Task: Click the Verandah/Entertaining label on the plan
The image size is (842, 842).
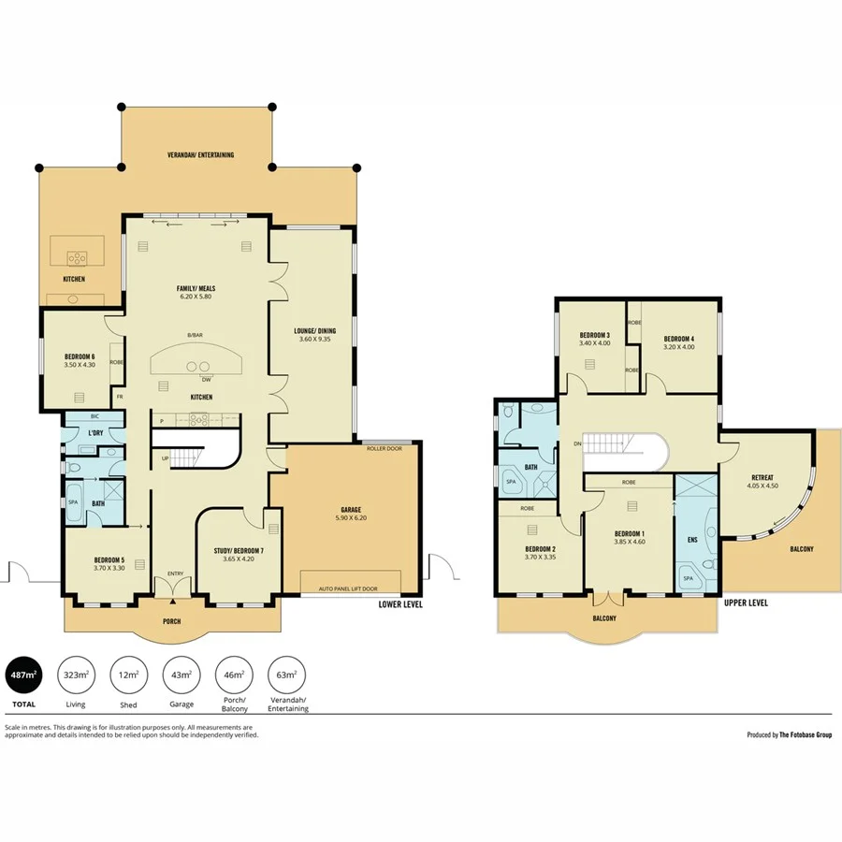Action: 200,154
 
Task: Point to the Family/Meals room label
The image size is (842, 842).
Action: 197,287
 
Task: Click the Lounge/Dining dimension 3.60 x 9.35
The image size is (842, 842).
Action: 314,340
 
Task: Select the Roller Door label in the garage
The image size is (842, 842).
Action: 383,448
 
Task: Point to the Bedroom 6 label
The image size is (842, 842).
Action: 80,356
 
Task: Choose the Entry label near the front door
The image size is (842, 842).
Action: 175,573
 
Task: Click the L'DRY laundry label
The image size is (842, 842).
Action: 94,433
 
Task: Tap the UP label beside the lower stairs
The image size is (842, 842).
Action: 166,458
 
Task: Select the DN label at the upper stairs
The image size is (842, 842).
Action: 578,443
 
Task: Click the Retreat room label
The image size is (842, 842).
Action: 763,476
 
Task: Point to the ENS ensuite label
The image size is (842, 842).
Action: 693,541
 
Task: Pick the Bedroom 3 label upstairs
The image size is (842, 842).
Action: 594,335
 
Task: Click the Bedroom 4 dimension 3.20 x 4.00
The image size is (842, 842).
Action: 678,347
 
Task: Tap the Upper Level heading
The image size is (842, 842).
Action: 746,603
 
